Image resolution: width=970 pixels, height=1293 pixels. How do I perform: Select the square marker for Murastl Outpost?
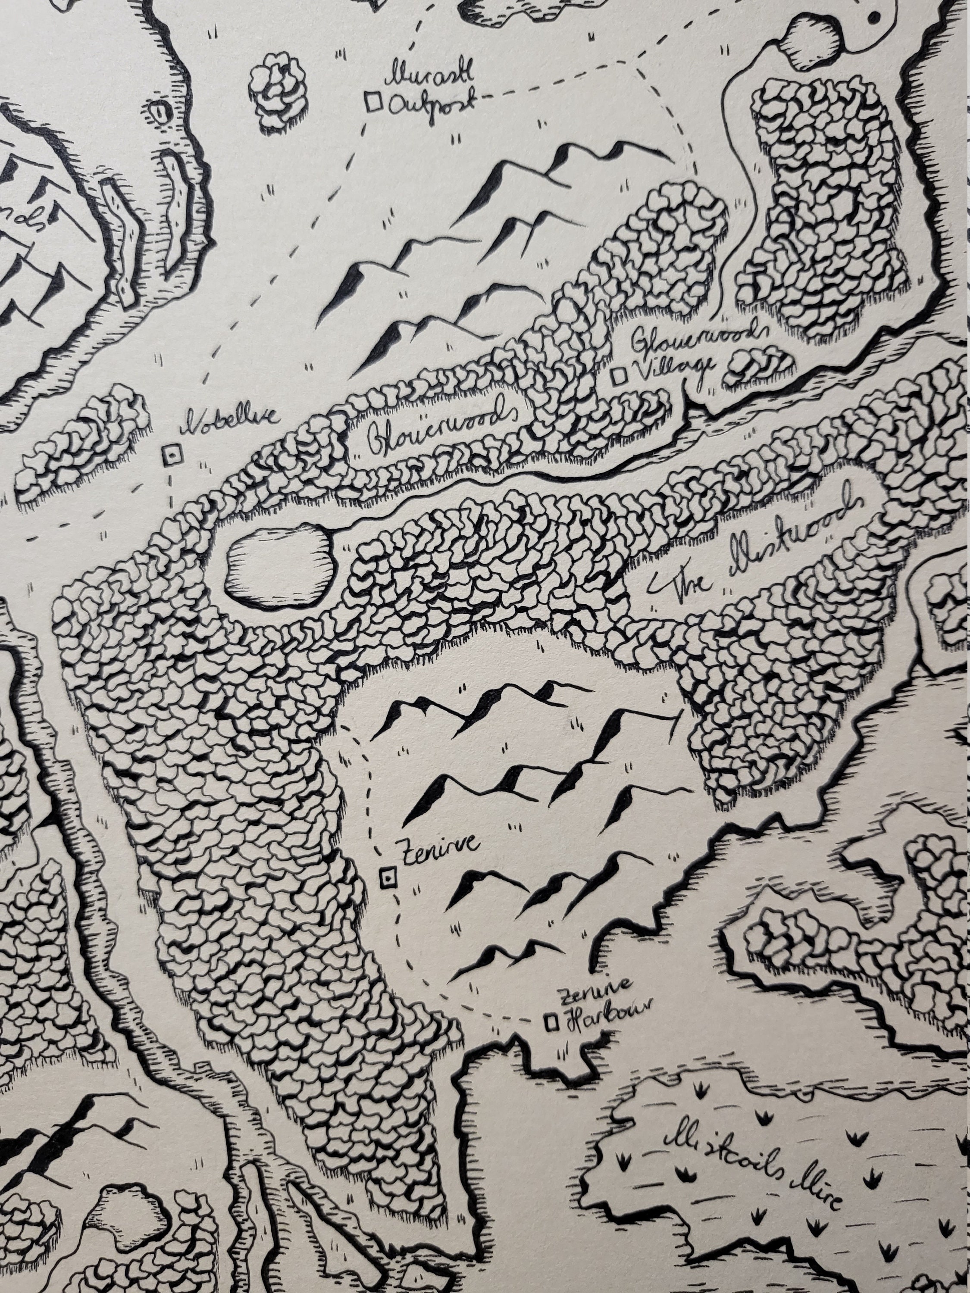click(x=373, y=102)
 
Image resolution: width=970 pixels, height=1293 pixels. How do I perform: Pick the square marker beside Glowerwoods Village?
click(x=619, y=376)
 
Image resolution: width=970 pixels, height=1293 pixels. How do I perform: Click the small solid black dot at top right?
click(x=875, y=18)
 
